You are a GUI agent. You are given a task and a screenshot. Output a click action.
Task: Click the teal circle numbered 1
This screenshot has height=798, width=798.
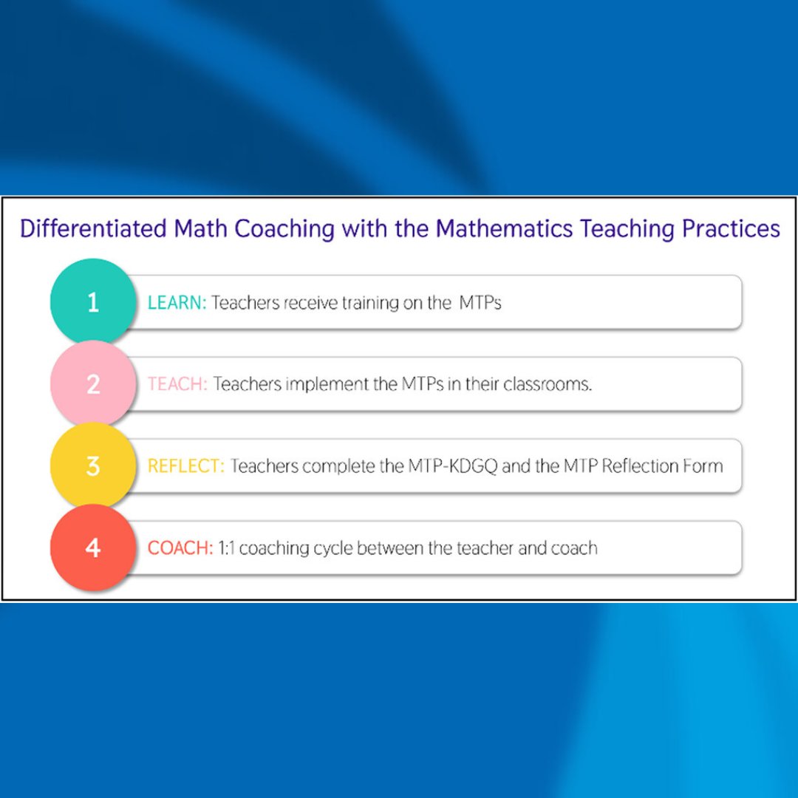pyautogui.click(x=92, y=302)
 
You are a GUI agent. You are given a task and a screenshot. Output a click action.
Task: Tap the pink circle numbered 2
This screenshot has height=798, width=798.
pyautogui.click(x=92, y=384)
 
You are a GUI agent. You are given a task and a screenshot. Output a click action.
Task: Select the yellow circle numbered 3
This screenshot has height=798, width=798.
pyautogui.click(x=92, y=466)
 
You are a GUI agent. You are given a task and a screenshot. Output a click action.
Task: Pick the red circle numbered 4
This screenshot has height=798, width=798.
pyautogui.click(x=92, y=548)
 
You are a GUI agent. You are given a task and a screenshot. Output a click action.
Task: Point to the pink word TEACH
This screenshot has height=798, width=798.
pyautogui.click(x=177, y=385)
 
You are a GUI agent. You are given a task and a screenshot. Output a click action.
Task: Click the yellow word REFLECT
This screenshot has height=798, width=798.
pyautogui.click(x=185, y=467)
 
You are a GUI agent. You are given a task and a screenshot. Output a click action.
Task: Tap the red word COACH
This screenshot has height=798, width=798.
pyautogui.click(x=180, y=549)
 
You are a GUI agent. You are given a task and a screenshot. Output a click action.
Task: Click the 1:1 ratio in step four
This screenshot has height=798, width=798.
pyautogui.click(x=226, y=549)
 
